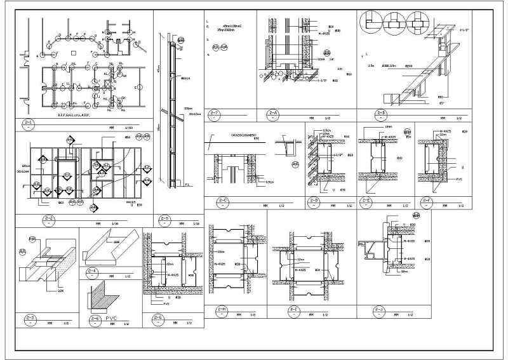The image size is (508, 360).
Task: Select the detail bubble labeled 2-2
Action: pyautogui.click(x=49, y=220)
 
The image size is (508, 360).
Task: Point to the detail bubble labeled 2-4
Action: pyautogui.click(x=93, y=272)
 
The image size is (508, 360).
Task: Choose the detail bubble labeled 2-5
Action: pyautogui.click(x=165, y=220)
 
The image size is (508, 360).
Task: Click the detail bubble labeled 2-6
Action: pyautogui.click(x=94, y=319)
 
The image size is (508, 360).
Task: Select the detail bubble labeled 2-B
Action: pyautogui.click(x=381, y=114)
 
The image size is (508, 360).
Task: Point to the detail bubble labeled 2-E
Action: pyautogui.click(x=366, y=202)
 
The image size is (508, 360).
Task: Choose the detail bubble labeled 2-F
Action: pyautogui.click(x=427, y=202)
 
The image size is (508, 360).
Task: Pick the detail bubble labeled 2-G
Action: pyautogui.click(x=157, y=319)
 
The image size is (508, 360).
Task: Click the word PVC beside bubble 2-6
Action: pyautogui.click(x=112, y=317)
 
